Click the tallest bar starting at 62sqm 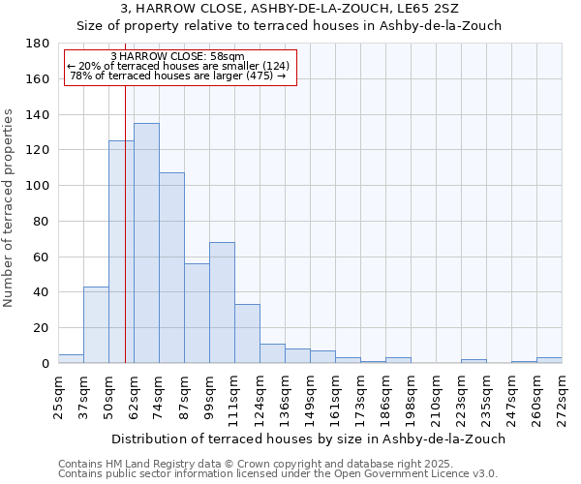coord(146,243)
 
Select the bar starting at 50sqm coord(121,252)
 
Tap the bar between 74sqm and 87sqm coord(171,268)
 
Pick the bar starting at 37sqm coord(96,324)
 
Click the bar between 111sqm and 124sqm coord(247,333)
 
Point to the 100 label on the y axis coord(39,186)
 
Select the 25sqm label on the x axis coord(58,392)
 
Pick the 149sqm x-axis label coord(310,392)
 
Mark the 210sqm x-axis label coord(436,392)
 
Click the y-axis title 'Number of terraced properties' coord(9,208)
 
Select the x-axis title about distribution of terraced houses coord(310,439)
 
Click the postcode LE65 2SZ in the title coord(428,8)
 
